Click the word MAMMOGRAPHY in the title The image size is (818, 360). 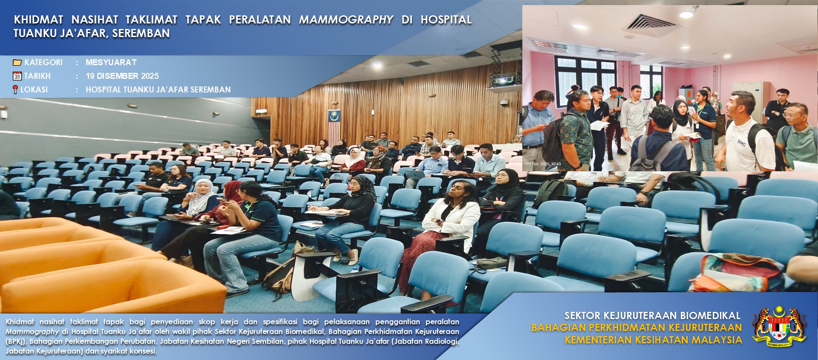point(346,20)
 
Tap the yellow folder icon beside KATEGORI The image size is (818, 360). point(17,63)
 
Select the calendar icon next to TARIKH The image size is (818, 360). point(17,76)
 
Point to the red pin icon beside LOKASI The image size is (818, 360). point(15,89)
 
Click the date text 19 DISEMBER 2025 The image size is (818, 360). point(122,76)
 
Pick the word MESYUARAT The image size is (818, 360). point(111,62)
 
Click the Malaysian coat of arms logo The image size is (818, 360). point(779,326)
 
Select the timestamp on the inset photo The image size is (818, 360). point(544,164)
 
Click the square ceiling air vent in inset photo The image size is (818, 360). point(649,24)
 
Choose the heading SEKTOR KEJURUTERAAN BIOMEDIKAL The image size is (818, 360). point(652,316)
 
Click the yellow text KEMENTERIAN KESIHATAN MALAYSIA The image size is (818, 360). point(653,340)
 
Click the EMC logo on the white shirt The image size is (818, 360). point(742,143)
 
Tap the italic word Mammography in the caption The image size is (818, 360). point(32,331)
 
